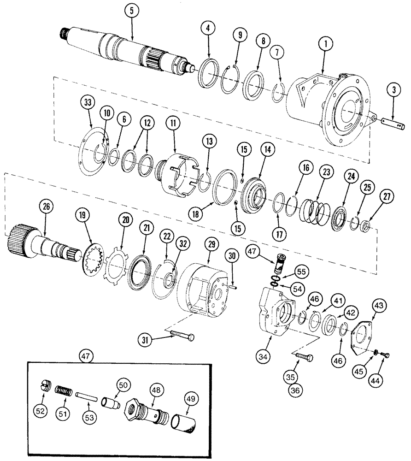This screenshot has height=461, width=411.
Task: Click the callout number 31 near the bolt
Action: (145, 340)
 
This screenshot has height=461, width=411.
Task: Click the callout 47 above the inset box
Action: (87, 356)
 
